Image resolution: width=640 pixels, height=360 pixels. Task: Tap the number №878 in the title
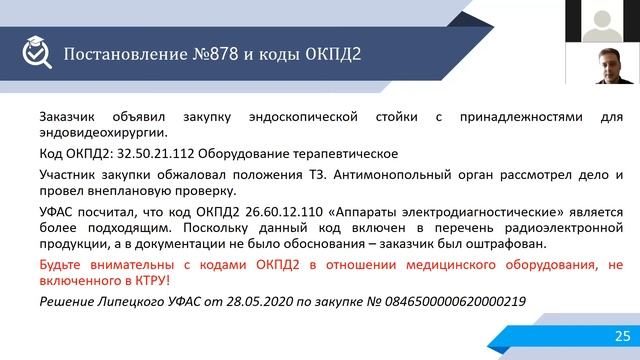click(196, 52)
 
